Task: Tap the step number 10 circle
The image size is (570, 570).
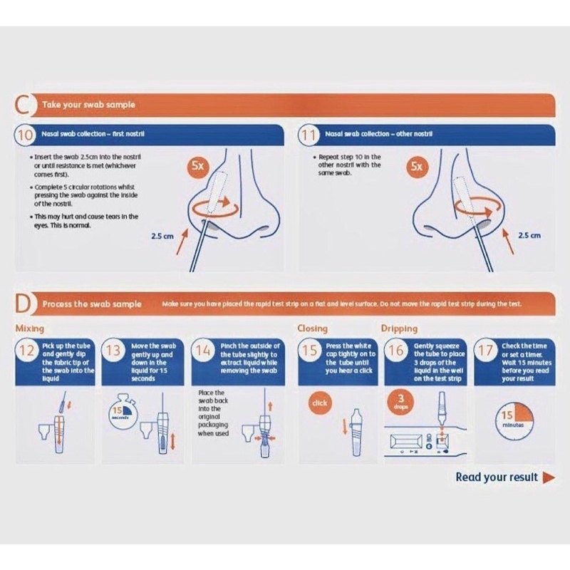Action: [26, 134]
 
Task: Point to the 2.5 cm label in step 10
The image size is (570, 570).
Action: [163, 234]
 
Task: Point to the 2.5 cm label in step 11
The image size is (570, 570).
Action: [529, 234]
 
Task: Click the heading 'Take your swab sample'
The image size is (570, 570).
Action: [88, 105]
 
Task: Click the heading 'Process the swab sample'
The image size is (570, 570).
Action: [92, 304]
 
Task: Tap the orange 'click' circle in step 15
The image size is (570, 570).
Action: [320, 403]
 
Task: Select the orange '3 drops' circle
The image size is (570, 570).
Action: [402, 402]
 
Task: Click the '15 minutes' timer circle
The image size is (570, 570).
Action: [508, 418]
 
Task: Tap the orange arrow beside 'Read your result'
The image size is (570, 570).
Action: [549, 477]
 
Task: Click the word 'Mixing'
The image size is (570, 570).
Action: [30, 328]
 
